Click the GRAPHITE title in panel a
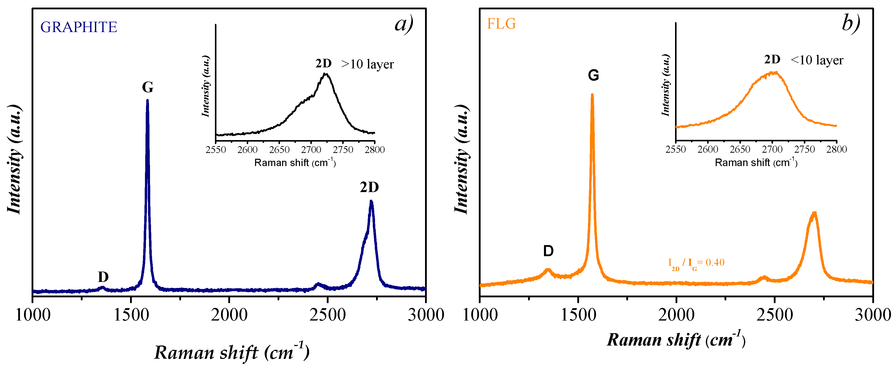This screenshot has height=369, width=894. (79, 27)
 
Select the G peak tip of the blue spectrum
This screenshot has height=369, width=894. (147, 100)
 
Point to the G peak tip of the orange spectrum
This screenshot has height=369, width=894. (592, 94)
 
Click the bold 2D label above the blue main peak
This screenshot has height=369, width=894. (369, 187)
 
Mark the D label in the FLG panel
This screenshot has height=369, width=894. (548, 250)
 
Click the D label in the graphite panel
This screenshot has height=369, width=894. (103, 277)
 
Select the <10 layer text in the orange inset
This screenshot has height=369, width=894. (817, 60)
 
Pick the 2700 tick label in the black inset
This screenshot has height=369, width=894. (311, 149)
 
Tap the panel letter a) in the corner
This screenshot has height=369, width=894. (404, 23)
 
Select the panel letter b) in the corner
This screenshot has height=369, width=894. (851, 23)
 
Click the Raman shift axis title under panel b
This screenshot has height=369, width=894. (676, 339)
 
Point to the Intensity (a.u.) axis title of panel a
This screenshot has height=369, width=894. (15, 160)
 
